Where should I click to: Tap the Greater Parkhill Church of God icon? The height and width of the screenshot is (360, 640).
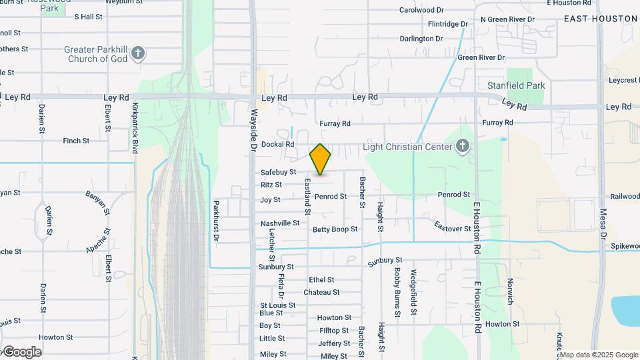click(138, 54)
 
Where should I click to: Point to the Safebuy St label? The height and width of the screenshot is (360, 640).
click(278, 172)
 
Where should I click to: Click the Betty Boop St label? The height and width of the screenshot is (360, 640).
click(335, 229)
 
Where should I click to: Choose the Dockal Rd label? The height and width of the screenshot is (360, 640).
click(277, 144)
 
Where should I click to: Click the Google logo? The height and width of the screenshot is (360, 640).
click(21, 351)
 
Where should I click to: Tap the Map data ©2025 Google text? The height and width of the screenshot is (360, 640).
click(599, 355)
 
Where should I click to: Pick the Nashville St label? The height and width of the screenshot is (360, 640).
click(280, 223)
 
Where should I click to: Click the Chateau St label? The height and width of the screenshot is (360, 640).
click(321, 292)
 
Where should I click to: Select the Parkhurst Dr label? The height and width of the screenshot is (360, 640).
click(216, 220)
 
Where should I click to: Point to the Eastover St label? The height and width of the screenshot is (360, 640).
click(452, 228)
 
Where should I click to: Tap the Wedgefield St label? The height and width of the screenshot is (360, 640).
click(413, 292)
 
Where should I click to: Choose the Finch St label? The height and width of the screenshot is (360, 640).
click(76, 141)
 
